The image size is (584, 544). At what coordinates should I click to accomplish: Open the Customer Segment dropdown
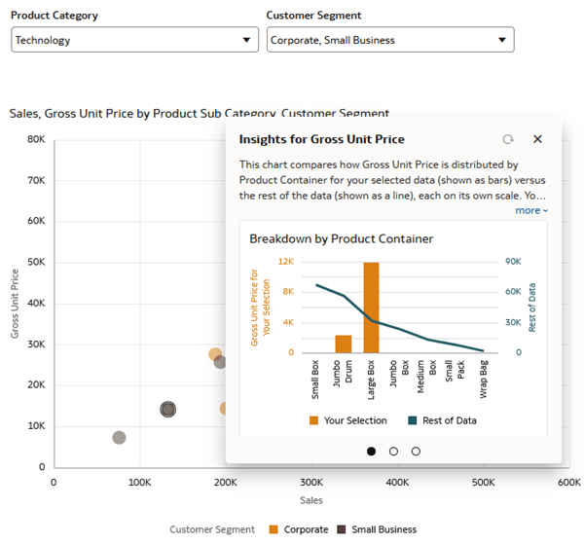pos(389,40)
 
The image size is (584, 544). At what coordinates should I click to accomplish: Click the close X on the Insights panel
pos(537,139)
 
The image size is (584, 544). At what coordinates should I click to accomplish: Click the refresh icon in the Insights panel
pos(507,139)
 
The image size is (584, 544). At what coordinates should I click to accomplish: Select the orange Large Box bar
pos(371,307)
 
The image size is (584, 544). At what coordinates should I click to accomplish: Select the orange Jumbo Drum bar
pos(344,344)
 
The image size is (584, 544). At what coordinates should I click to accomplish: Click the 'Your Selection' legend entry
pos(347,420)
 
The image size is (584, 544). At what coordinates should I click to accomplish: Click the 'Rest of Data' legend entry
pos(442,420)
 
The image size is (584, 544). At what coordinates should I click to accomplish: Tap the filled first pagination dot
pos(371,451)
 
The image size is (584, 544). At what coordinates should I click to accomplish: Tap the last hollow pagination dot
pos(416,451)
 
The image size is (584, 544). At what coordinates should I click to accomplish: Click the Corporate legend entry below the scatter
pos(301,529)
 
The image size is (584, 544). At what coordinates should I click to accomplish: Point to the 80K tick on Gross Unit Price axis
pos(35,139)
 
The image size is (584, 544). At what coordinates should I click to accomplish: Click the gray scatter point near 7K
pos(119,438)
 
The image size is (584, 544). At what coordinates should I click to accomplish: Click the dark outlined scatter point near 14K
pos(167,410)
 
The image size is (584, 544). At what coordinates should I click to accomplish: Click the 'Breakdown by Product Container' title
pos(341,238)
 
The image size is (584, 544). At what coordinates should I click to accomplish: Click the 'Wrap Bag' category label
pos(484,381)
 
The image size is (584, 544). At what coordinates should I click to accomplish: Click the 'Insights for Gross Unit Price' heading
pos(321,139)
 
